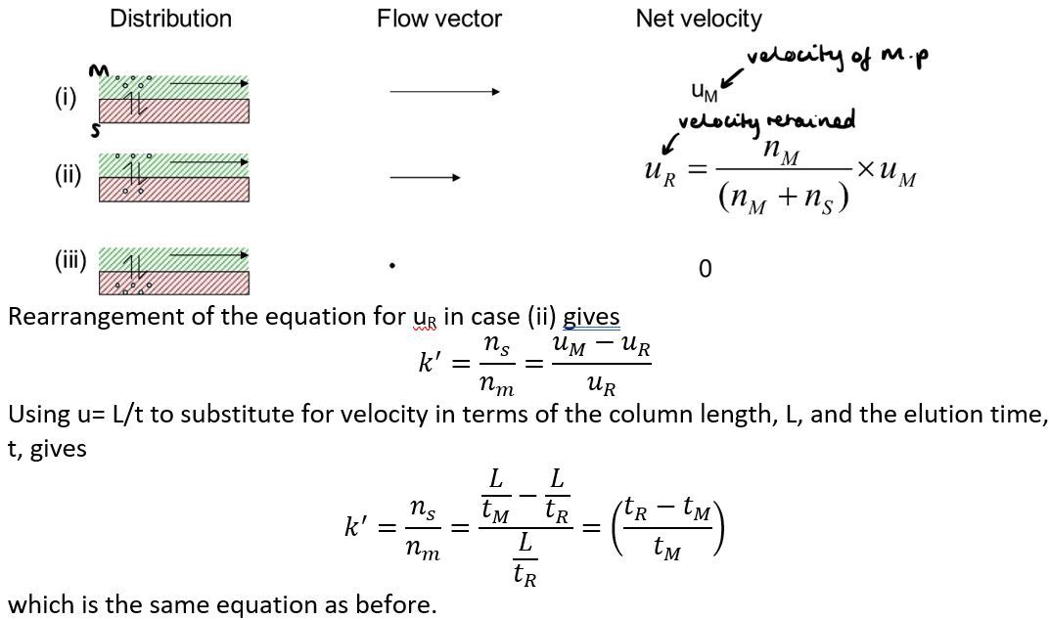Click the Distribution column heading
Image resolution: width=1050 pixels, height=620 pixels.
170,19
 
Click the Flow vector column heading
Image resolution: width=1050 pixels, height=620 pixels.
438,19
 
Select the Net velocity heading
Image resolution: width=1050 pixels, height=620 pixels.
698,19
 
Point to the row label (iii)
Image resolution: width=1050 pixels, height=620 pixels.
70,260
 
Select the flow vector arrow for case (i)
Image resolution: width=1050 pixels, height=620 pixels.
444,92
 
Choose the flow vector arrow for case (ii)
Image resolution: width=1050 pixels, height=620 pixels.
425,177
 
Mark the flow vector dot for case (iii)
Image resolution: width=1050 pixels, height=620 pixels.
391,265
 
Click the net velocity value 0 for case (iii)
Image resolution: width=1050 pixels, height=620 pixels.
706,269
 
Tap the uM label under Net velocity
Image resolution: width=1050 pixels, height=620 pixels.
703,93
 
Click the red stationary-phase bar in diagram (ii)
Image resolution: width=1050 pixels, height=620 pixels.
174,190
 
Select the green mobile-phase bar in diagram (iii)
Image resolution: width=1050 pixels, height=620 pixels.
174,258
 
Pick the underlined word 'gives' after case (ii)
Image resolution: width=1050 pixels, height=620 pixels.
591,317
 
